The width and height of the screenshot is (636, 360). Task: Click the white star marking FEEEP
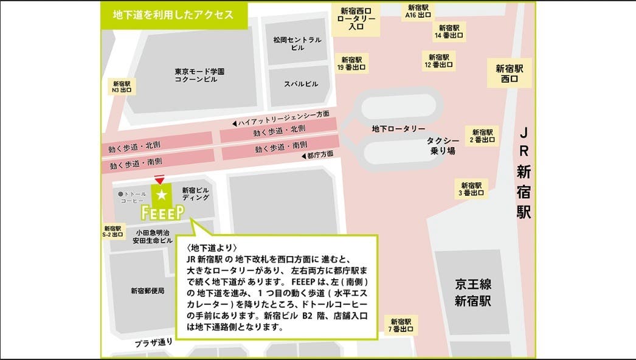click(162, 195)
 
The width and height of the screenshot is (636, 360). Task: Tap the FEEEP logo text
click(162, 211)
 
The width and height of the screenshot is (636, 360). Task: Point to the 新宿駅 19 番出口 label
click(351, 64)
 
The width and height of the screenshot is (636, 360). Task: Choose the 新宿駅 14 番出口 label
click(448, 32)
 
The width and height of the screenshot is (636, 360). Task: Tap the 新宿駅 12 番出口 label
click(438, 61)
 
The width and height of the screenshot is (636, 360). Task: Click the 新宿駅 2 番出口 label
click(482, 136)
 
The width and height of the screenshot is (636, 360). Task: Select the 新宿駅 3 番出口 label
click(471, 189)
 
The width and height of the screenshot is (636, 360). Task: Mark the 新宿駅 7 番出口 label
click(401, 325)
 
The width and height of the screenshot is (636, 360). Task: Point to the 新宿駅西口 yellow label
click(510, 74)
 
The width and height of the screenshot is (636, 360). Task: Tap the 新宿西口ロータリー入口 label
click(356, 18)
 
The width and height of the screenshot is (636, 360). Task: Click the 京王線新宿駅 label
click(472, 292)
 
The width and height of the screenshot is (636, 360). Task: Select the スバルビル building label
click(301, 84)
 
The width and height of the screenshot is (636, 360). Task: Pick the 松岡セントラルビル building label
click(297, 43)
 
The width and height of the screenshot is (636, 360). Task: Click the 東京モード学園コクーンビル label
click(199, 75)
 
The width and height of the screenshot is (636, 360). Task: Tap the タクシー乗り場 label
click(443, 145)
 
